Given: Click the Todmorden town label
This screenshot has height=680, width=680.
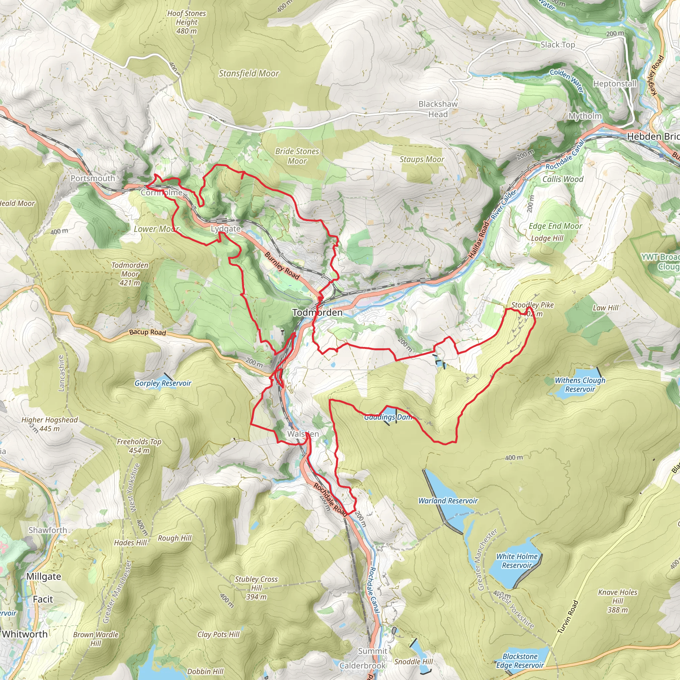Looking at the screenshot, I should [317, 312].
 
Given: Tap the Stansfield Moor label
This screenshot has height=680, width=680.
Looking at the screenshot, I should [249, 74].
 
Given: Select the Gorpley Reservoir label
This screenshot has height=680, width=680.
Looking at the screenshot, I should [163, 383].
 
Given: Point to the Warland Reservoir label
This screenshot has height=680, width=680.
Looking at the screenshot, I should [448, 501].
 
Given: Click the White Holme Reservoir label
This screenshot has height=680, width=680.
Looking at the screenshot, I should [517, 561].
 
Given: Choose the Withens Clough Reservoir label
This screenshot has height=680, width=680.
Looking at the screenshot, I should [580, 385].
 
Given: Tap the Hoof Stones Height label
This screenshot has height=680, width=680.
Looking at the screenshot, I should [187, 22].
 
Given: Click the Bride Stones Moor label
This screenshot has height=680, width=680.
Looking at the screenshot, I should [297, 156].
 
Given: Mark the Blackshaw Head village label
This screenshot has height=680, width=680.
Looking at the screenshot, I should [438, 109].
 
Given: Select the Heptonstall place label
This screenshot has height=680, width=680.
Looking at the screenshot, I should [615, 84].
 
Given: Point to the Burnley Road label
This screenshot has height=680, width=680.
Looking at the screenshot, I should [282, 266].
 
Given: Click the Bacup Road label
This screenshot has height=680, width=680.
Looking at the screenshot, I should [147, 332].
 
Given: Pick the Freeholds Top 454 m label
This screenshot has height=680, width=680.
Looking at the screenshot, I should [139, 446].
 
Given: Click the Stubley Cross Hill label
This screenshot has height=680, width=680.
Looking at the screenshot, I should [256, 588].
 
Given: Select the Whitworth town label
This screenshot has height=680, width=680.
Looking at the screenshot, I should [25, 634].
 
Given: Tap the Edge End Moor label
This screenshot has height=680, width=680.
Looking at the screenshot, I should [555, 226].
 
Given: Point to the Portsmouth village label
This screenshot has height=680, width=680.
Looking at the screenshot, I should [93, 178].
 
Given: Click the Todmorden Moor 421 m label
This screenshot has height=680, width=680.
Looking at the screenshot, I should [130, 274].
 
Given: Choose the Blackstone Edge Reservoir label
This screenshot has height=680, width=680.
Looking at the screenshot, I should [520, 661].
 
